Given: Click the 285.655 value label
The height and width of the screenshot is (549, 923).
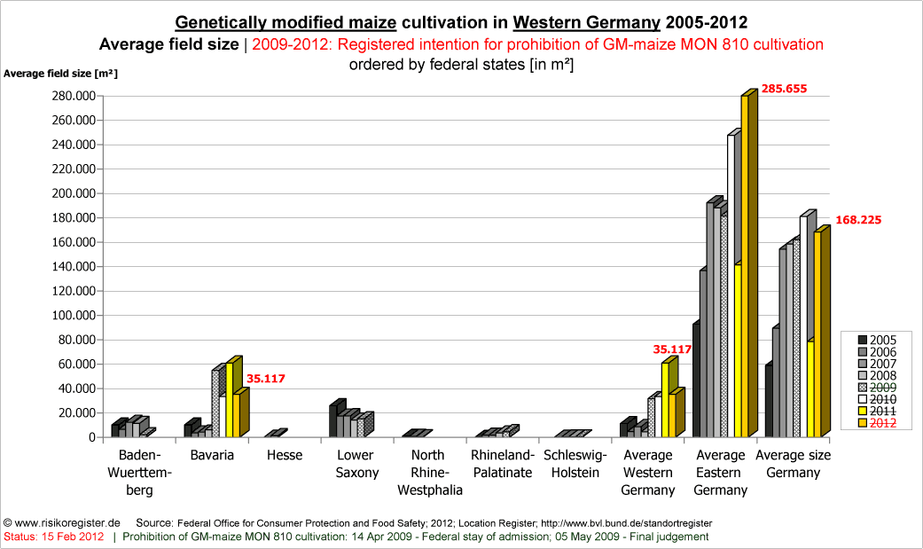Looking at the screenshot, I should [x=784, y=89].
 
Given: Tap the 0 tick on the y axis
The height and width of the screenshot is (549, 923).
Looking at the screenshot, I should [x=90, y=437].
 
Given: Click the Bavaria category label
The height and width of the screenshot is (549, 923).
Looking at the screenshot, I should [x=211, y=455].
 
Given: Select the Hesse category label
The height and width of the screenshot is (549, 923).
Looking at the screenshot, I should [x=284, y=455].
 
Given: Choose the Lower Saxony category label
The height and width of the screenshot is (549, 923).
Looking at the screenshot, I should [x=356, y=464].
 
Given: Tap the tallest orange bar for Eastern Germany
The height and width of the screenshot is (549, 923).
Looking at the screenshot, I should [x=746, y=266].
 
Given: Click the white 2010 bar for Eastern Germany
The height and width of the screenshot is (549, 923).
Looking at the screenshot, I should [x=731, y=284].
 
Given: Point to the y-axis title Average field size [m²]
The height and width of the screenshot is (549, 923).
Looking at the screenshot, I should [x=60, y=74].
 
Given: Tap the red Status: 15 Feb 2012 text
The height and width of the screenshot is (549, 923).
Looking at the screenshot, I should [x=54, y=537].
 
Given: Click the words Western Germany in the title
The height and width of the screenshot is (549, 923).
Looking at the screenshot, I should [x=586, y=21].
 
